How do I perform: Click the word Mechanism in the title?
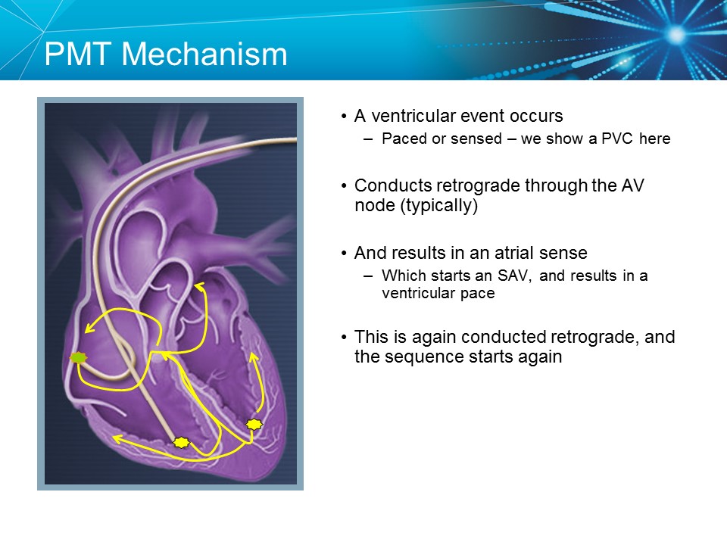pyautogui.click(x=204, y=54)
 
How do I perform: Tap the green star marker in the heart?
pyautogui.click(x=76, y=357)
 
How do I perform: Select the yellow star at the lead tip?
pyautogui.click(x=181, y=442)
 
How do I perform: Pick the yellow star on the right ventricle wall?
pyautogui.click(x=254, y=425)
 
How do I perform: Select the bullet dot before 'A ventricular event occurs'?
pyautogui.click(x=344, y=117)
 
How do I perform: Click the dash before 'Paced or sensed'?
pyautogui.click(x=368, y=139)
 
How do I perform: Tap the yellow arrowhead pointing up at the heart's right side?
pyautogui.click(x=254, y=353)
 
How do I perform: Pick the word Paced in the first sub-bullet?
pyautogui.click(x=400, y=139)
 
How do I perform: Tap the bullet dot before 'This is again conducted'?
pyautogui.click(x=344, y=337)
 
